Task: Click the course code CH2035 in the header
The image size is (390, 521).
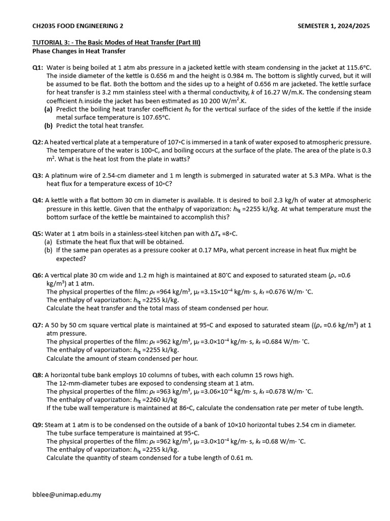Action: point(44,26)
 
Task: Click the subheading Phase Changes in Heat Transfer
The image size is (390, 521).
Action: point(79,51)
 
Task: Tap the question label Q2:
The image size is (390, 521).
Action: point(38,142)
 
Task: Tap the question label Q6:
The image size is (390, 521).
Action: point(38,275)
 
